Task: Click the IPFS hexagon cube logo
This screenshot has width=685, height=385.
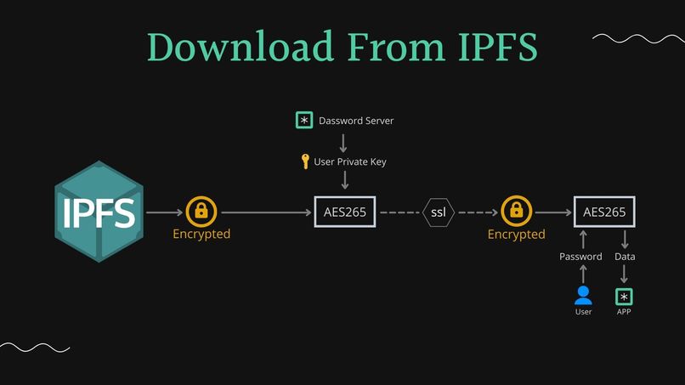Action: point(99,212)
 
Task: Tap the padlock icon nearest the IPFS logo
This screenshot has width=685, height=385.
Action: point(201,210)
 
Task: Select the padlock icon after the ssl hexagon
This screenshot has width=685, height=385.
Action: point(516,210)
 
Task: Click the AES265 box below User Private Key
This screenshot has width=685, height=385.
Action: point(345,212)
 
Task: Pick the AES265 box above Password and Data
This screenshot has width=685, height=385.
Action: point(605,212)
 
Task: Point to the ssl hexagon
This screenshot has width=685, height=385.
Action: point(439,212)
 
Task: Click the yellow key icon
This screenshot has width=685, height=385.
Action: point(305,161)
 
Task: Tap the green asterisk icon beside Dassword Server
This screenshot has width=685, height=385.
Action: point(304,121)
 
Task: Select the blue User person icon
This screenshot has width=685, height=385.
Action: point(583,296)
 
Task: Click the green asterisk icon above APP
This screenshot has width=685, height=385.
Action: point(625,296)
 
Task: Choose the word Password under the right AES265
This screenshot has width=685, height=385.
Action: point(580,257)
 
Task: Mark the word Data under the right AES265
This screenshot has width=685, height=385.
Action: point(625,257)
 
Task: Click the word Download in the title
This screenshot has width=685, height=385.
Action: point(241,47)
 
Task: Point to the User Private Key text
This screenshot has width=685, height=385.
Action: point(350,161)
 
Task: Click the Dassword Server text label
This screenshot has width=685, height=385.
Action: point(356,121)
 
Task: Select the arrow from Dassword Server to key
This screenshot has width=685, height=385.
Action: point(343,141)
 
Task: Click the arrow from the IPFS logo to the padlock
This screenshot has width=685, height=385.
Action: point(164,212)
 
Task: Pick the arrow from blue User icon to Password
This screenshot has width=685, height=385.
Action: point(583,274)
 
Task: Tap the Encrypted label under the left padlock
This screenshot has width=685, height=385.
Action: point(201,234)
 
